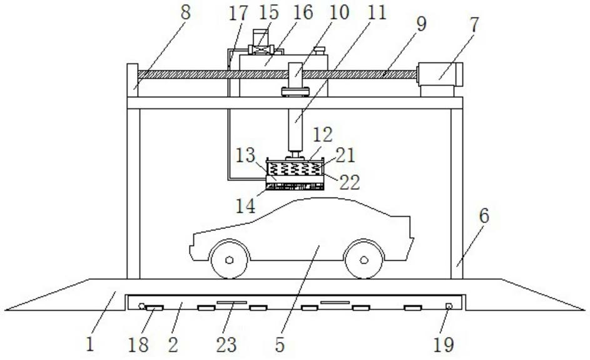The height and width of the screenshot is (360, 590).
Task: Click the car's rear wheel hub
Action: click(364, 259)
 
